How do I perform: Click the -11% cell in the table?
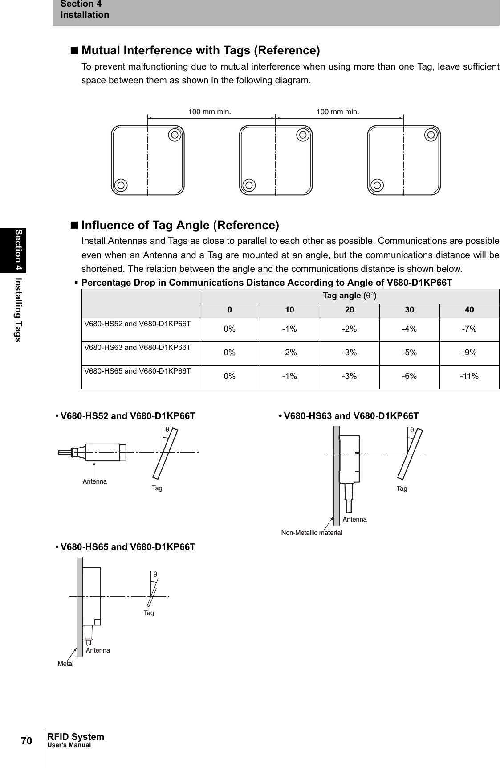[x=469, y=376]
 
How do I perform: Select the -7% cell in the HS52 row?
[x=469, y=329]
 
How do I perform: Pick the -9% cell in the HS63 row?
[x=469, y=353]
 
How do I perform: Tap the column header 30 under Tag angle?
[x=409, y=310]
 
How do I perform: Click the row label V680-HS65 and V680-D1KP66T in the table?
[x=138, y=371]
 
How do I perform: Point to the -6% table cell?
[x=409, y=376]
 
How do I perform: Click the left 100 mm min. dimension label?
[x=210, y=111]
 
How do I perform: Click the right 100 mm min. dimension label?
[x=337, y=111]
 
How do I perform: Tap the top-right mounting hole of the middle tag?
[x=303, y=134]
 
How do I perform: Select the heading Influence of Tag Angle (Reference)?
[x=180, y=225]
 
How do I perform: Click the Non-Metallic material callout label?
[x=312, y=533]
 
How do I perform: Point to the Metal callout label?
[x=65, y=664]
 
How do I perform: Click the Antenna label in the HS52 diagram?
[x=95, y=481]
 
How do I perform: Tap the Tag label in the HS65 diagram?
[x=149, y=613]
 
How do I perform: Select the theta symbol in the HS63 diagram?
[x=412, y=430]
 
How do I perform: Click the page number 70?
[x=27, y=741]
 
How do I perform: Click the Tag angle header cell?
[x=350, y=296]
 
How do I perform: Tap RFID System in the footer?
[x=76, y=737]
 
